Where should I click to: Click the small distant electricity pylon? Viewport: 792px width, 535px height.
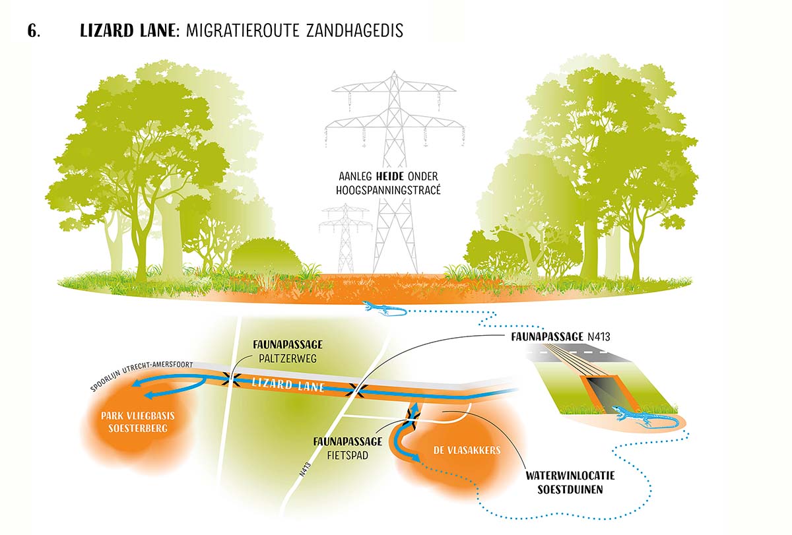(345, 236)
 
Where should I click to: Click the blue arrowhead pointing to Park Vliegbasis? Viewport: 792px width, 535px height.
(149, 395)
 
